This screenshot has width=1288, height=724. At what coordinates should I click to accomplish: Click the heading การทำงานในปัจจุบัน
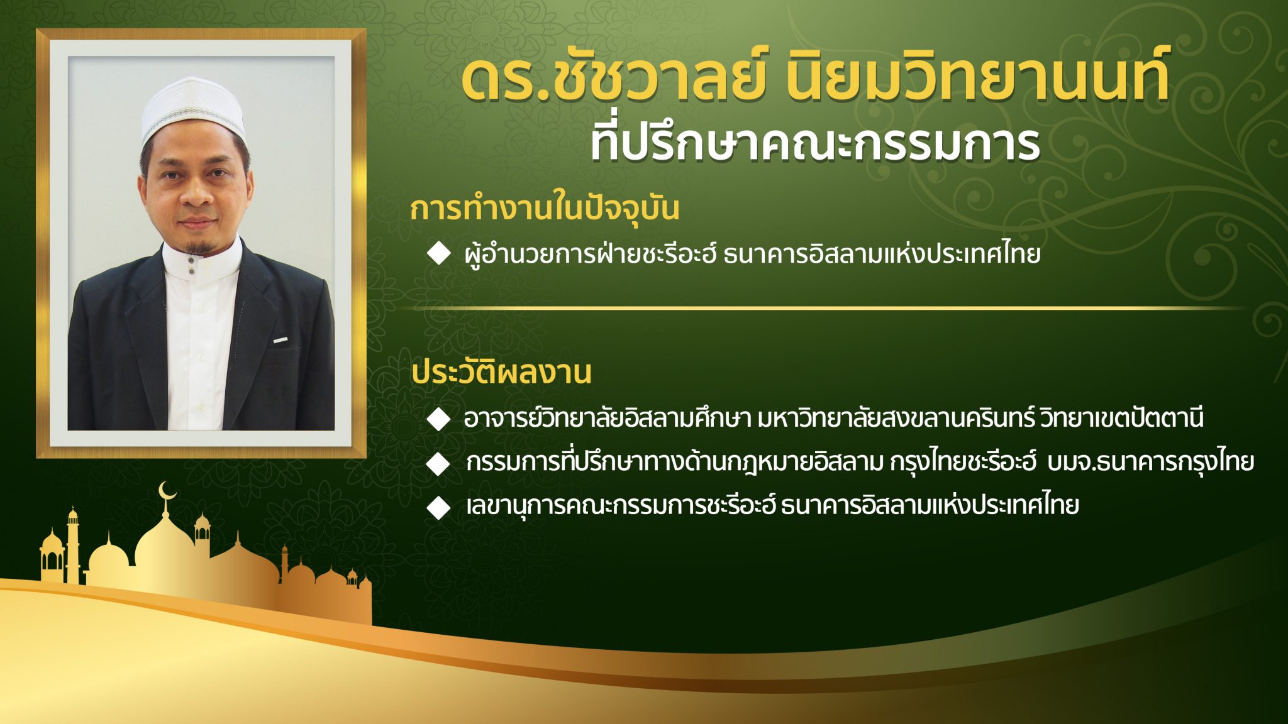click(x=545, y=209)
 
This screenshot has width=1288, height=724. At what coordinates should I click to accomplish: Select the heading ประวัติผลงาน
click(x=501, y=372)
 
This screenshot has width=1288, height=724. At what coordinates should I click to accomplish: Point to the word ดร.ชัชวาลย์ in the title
click(x=613, y=79)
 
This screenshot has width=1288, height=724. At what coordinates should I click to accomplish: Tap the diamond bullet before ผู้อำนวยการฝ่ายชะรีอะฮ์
click(x=438, y=254)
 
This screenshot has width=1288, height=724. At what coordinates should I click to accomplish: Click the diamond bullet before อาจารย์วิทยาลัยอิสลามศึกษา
click(x=438, y=419)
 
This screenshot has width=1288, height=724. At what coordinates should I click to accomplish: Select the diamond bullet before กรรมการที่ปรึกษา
click(x=438, y=464)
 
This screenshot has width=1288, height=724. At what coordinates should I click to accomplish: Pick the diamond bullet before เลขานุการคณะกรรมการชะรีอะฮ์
click(x=438, y=507)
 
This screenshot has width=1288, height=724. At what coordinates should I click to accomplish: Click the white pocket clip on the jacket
click(x=280, y=340)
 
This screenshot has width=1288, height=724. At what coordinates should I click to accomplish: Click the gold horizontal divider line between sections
click(x=818, y=309)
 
